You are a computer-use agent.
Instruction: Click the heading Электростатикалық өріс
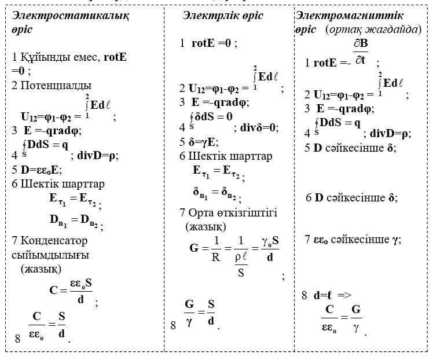click(70, 22)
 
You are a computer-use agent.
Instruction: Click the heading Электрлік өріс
click(223, 16)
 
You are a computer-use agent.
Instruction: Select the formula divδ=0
click(258, 128)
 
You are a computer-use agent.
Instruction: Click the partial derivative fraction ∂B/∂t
click(361, 52)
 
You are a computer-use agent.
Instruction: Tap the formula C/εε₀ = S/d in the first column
click(47, 326)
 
